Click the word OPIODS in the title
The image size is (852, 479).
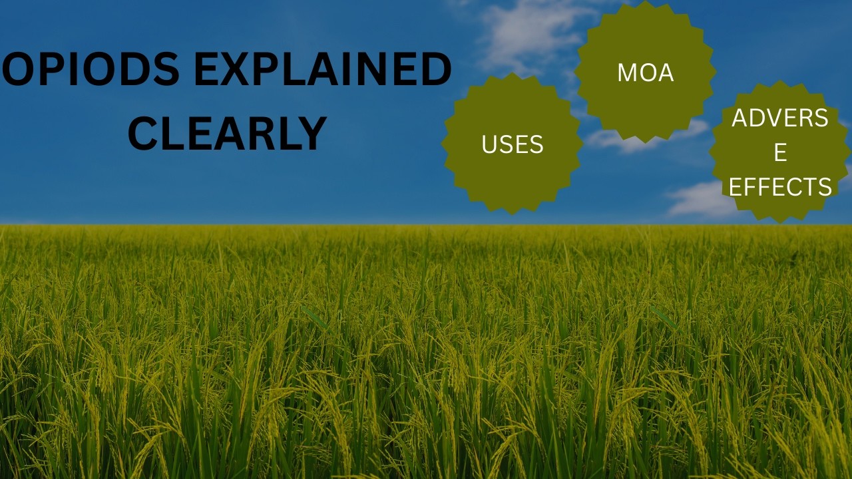pos(91,69)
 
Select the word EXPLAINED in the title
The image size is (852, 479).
pos(323,69)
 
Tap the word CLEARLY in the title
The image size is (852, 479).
pos(227,134)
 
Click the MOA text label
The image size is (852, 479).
pos(646,73)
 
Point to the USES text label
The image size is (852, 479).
pos(513,144)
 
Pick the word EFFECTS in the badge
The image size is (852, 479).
pos(780,186)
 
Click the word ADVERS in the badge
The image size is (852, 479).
pos(779,118)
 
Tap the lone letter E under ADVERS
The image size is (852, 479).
pos(781,152)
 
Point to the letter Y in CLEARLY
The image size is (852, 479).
pos(312,134)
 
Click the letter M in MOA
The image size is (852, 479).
pos(628,73)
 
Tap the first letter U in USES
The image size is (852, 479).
pos(489,144)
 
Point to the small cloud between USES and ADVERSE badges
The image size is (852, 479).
pos(646,136)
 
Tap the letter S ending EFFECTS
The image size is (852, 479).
pos(825,186)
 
